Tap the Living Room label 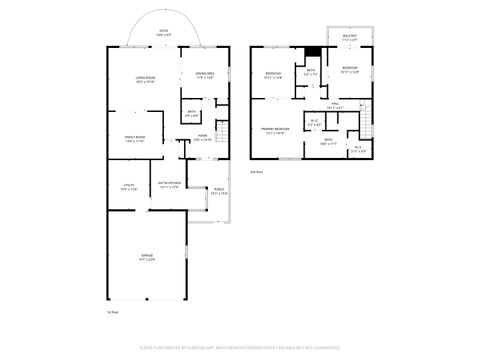point(145,80)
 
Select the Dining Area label point(204,75)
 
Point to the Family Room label point(136,141)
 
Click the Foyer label point(202,137)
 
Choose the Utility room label point(129,187)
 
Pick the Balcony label point(350,37)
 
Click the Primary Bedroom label point(275,130)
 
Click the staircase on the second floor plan point(366,126)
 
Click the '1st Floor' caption point(113,312)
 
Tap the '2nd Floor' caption point(257,172)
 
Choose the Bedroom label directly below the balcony point(349,70)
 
